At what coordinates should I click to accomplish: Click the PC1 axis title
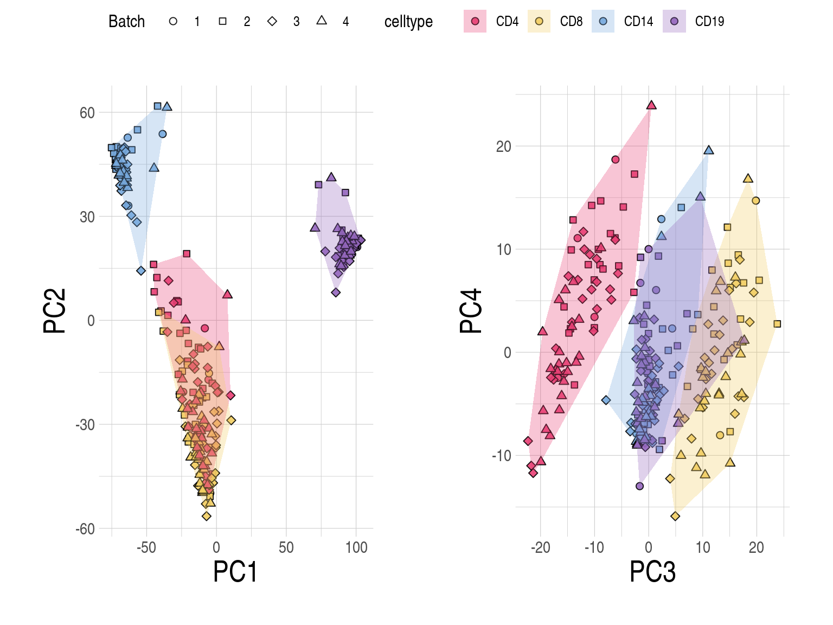tap(235, 572)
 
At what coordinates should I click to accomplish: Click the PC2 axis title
tap(55, 311)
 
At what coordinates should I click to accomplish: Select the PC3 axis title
tap(652, 572)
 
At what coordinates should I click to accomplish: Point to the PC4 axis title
tap(471, 311)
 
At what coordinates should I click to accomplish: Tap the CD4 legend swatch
tap(475, 22)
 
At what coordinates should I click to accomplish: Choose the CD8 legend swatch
tap(539, 22)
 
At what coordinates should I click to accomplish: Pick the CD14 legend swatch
tap(603, 22)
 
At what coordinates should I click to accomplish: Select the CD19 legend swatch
tap(674, 22)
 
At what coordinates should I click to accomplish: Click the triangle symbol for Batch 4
tap(322, 21)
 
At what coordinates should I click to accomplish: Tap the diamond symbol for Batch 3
tap(272, 22)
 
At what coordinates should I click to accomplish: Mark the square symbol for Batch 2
tap(222, 22)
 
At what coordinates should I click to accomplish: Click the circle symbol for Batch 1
tap(173, 22)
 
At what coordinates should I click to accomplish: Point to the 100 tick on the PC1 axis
tap(356, 548)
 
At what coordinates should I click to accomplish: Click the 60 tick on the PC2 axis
tap(87, 113)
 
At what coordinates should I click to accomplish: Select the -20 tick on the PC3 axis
tap(541, 548)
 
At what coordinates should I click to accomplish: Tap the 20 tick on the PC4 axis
tap(504, 146)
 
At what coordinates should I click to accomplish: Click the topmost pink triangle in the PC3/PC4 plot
tap(651, 105)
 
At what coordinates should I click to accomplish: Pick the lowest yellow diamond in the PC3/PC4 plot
tap(675, 516)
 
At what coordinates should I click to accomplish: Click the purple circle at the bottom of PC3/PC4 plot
tap(639, 486)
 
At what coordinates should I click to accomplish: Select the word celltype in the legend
tap(408, 22)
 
